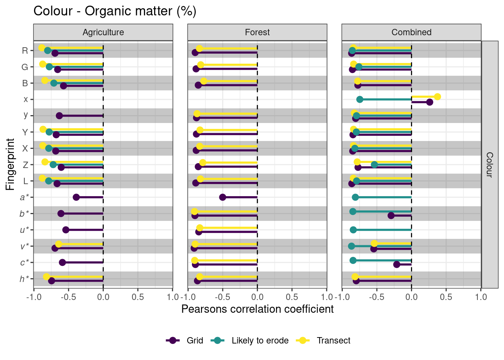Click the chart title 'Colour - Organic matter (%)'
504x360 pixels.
tap(115, 11)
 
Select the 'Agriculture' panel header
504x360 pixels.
tap(103, 32)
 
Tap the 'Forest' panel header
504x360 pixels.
tap(257, 32)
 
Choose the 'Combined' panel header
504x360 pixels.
tap(411, 32)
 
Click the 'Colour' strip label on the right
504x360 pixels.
tap(489, 164)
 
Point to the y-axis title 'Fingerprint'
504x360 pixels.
tap(10, 164)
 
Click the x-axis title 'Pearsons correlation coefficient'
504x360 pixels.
tap(257, 309)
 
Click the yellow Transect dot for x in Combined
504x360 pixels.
tap(437, 97)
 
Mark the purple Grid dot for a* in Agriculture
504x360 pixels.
tap(76, 197)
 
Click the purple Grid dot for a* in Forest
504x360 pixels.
tap(222, 197)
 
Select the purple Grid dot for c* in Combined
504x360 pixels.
tap(397, 264)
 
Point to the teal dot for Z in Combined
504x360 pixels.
tap(374, 165)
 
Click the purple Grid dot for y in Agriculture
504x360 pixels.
tap(59, 115)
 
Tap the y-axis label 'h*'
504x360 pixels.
tap(24, 279)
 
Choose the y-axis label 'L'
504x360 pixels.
tap(25, 181)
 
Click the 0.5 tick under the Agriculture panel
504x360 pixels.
tap(138, 297)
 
